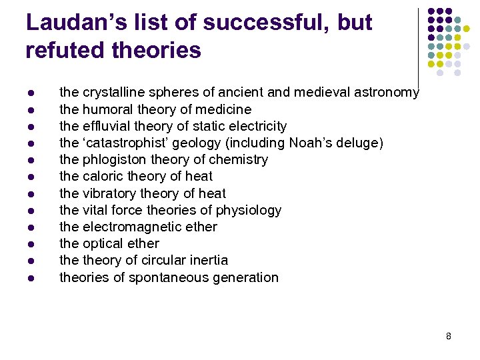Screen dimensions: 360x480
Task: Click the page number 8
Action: (x=449, y=336)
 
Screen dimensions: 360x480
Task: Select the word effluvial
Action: (x=107, y=126)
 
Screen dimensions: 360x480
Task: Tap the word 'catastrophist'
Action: (x=126, y=143)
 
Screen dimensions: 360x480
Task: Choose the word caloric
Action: (x=103, y=176)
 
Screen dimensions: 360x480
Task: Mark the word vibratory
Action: (x=109, y=193)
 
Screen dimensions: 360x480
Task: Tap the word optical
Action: (x=104, y=243)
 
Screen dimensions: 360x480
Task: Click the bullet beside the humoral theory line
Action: (x=31, y=109)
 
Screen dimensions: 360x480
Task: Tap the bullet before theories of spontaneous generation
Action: (x=31, y=277)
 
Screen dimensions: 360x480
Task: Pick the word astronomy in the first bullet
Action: (x=388, y=93)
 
